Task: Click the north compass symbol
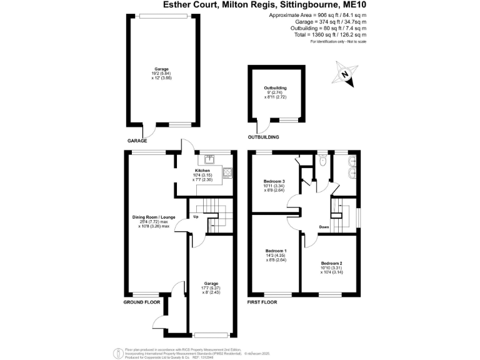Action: coord(344,74)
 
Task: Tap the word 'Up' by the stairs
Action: coord(196,217)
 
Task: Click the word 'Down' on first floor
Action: coord(324,227)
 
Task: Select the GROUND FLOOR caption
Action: coord(141,302)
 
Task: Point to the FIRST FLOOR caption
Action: coord(259,302)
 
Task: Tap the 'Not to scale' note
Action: coord(352,42)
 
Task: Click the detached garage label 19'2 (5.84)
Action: coord(162,74)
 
